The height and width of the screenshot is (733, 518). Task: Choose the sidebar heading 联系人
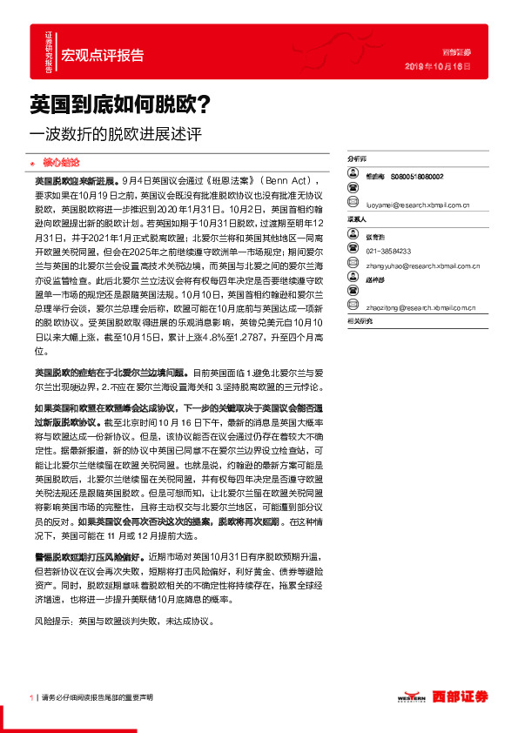[x=357, y=221]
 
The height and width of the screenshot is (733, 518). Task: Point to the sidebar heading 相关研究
[x=360, y=322]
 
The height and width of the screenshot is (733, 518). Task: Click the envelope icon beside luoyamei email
[x=353, y=206]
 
